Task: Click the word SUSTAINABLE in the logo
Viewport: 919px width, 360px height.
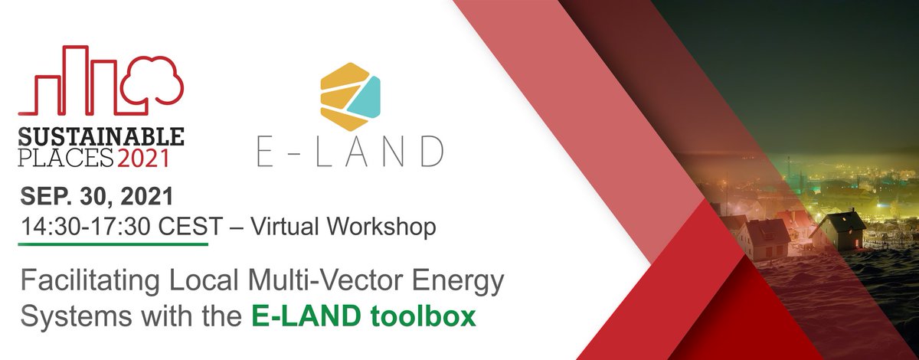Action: click(x=100, y=137)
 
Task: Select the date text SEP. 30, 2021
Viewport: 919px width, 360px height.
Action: click(x=96, y=197)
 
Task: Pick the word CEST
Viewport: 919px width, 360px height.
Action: click(x=184, y=227)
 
